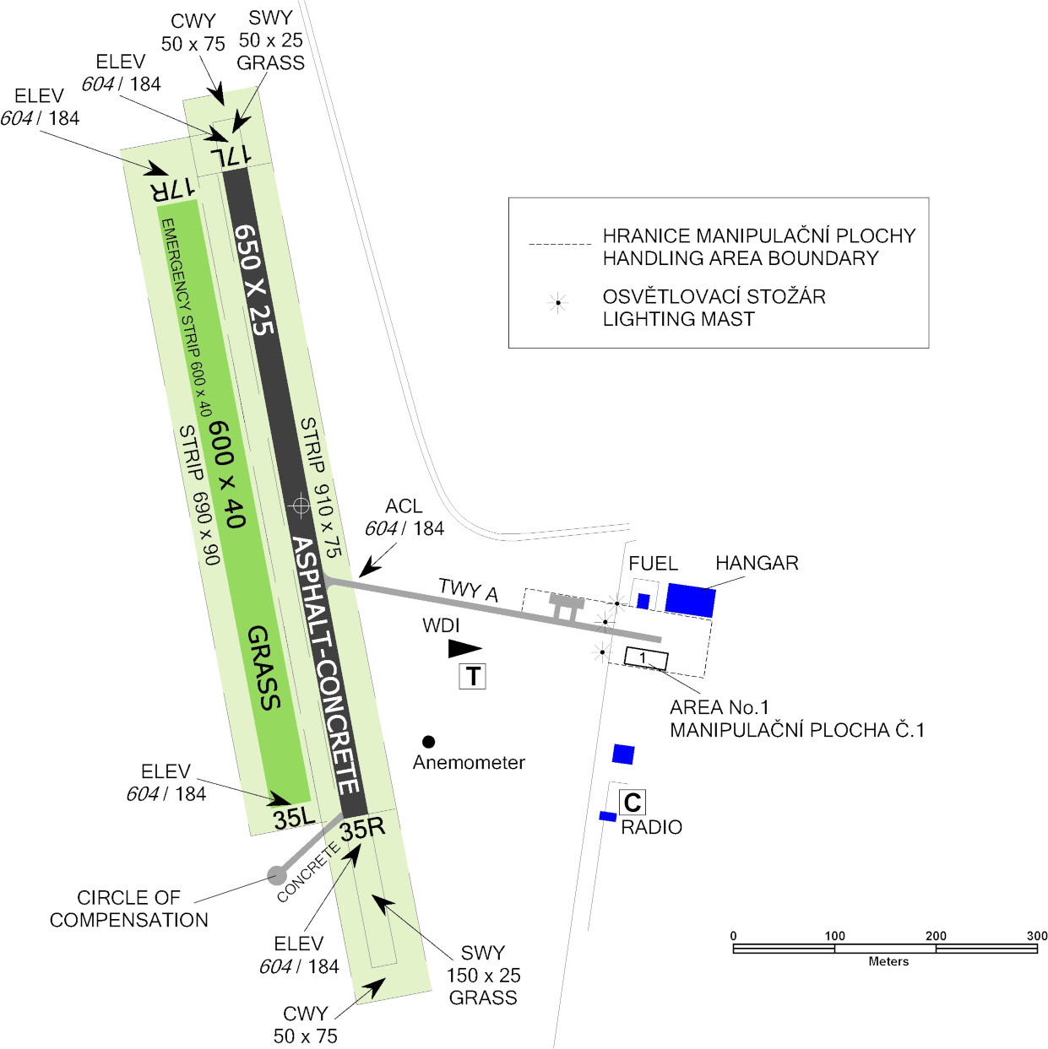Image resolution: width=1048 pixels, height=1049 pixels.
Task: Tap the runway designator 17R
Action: (x=172, y=188)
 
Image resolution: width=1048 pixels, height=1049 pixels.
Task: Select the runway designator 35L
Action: (x=294, y=817)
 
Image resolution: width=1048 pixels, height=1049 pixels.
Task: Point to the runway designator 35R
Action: (x=362, y=828)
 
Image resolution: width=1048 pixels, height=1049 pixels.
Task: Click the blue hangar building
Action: (x=690, y=599)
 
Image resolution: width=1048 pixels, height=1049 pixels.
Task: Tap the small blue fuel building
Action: (x=643, y=601)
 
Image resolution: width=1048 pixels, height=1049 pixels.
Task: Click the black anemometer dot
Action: (x=428, y=742)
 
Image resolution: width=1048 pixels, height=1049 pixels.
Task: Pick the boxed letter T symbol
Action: (x=472, y=676)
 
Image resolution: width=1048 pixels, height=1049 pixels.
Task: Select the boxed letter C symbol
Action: (x=632, y=802)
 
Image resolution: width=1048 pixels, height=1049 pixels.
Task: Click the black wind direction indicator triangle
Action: (x=464, y=648)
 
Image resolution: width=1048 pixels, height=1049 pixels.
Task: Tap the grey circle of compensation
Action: (x=277, y=875)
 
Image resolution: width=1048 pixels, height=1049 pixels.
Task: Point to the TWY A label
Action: (x=468, y=589)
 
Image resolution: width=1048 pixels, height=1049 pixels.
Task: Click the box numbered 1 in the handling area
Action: (x=646, y=658)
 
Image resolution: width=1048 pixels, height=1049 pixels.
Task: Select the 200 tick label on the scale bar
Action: (x=936, y=935)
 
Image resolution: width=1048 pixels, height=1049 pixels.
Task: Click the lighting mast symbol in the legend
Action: (x=557, y=303)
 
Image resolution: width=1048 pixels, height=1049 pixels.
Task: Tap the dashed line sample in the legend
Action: (x=560, y=245)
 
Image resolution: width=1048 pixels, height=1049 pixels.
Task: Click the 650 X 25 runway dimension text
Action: (x=254, y=279)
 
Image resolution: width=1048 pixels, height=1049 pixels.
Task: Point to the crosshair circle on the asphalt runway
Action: (x=301, y=506)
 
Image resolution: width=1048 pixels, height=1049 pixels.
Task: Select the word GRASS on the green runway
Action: (x=263, y=668)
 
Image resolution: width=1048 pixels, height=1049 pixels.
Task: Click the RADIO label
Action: (x=651, y=827)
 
